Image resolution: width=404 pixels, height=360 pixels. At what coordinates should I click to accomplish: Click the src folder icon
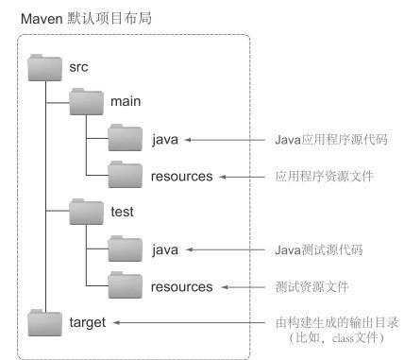pos(44,68)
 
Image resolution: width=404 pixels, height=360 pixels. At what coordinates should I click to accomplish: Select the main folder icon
pos(87,101)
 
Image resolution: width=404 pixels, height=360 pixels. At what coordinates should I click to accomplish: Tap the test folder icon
pos(87,212)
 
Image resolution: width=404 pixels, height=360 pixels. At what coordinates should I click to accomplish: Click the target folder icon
pos(44,323)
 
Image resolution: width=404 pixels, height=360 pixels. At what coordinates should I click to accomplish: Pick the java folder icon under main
pos(126,138)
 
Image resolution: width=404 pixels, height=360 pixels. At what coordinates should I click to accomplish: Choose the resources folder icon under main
pos(126,175)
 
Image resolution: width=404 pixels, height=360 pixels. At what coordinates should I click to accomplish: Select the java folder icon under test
pos(126,249)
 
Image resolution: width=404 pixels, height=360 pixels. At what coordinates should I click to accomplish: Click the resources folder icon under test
pos(126,285)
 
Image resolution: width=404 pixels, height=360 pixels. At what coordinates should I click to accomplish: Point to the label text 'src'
pos(78,67)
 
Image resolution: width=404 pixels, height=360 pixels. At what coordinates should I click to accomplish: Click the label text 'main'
pos(126,101)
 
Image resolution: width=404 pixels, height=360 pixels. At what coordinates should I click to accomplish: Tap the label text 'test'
pos(122,212)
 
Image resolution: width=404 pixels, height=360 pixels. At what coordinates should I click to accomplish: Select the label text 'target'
pos(88,323)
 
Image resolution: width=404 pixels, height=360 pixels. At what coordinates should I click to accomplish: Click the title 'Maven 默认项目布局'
pos(86,18)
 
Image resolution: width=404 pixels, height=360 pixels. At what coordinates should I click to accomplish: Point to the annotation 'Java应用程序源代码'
pos(331,140)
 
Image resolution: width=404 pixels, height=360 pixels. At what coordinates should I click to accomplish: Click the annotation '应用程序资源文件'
pos(325,177)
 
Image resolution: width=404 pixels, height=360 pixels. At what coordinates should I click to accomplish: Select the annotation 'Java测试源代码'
pos(319,250)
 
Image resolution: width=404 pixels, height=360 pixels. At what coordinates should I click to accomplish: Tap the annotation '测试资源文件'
pos(311,287)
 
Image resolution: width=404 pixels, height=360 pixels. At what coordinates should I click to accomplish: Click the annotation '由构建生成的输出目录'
pos(337,322)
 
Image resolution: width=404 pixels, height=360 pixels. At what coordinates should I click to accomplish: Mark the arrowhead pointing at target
pos(116,322)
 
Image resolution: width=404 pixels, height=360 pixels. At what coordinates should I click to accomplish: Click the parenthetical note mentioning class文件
pos(337,338)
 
